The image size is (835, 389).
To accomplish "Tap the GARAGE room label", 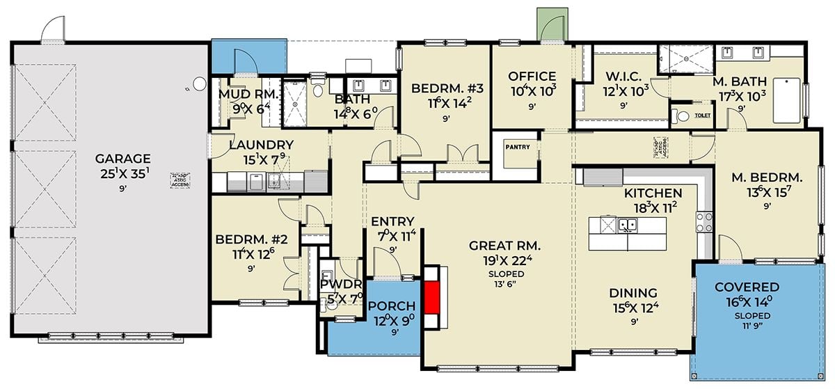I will pyautogui.click(x=122, y=159).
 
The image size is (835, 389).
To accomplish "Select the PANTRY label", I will pyautogui.click(x=518, y=147).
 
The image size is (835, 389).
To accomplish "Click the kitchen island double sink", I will pyautogui.click(x=627, y=225).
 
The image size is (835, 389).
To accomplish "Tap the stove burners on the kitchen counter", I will pyautogui.click(x=704, y=221).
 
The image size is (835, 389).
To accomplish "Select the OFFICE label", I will pyautogui.click(x=532, y=77).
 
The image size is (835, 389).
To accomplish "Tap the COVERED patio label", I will pyautogui.click(x=747, y=287).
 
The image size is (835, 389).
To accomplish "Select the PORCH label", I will pyautogui.click(x=392, y=307).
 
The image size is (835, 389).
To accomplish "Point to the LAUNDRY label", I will pyautogui.click(x=261, y=145).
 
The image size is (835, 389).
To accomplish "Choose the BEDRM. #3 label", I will pyautogui.click(x=443, y=88).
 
